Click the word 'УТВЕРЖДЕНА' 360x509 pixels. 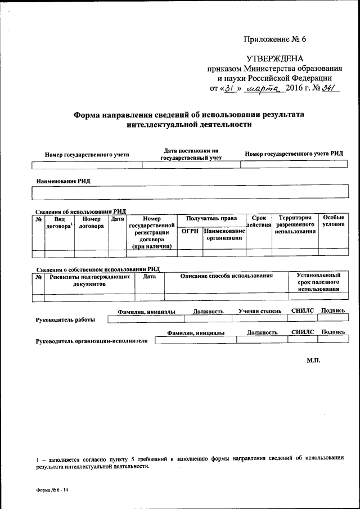275,59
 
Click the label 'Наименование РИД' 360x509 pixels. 64,182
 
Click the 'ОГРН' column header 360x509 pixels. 190,231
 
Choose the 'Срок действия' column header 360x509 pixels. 259,221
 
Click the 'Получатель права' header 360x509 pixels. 211,218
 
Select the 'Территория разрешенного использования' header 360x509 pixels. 295,224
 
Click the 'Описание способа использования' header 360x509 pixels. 227,276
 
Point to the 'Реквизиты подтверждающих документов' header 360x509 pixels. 90,280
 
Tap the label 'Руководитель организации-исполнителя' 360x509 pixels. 92,341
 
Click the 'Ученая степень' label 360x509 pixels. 259,311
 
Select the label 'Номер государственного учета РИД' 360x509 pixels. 294,154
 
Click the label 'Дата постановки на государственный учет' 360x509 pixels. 191,154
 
